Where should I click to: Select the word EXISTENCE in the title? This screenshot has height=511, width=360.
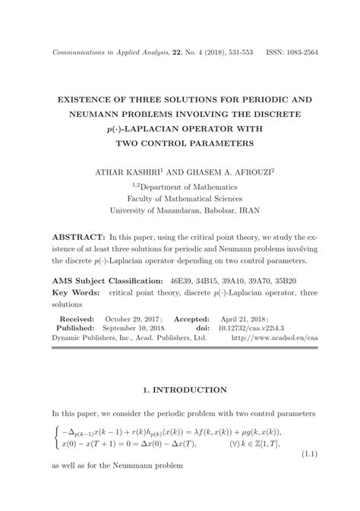pyautogui.click(x=88, y=100)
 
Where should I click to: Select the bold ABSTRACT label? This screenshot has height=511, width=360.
pyautogui.click(x=77, y=238)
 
